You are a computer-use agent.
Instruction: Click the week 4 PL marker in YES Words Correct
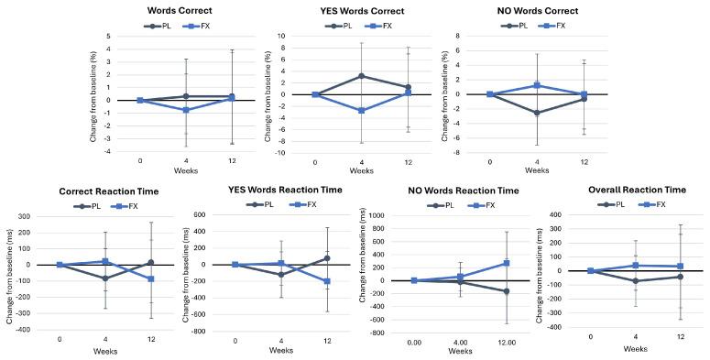(x=362, y=76)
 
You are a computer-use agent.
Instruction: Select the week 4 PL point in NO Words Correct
(x=537, y=114)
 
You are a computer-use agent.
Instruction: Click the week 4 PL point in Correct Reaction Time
(x=105, y=278)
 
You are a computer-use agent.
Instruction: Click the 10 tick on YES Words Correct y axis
(x=307, y=36)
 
